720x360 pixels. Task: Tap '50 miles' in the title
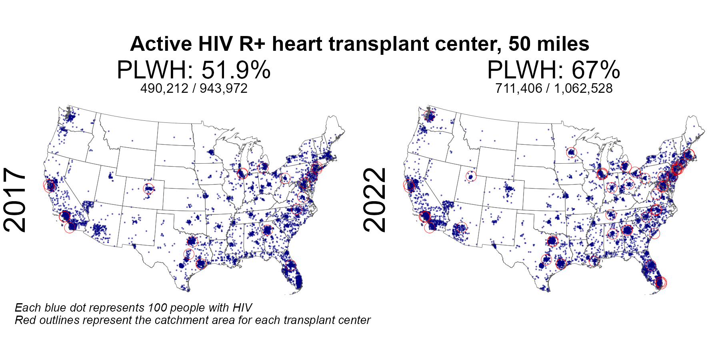[x=549, y=44]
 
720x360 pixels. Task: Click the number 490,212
[x=164, y=88]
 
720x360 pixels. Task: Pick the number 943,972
[x=224, y=88]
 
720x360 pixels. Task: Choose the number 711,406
[x=519, y=88]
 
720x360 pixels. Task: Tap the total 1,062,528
[x=583, y=88]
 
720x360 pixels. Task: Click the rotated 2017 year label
[x=15, y=200]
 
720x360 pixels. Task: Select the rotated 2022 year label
[x=375, y=200]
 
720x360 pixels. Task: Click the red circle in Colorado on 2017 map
[x=149, y=188]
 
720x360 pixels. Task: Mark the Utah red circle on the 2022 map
[x=472, y=176]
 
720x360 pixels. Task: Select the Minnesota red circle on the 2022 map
[x=572, y=152]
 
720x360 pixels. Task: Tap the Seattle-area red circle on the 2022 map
[x=429, y=116]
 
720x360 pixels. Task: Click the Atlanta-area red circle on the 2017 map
[x=267, y=230]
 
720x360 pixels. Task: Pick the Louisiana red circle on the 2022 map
[x=594, y=261]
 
